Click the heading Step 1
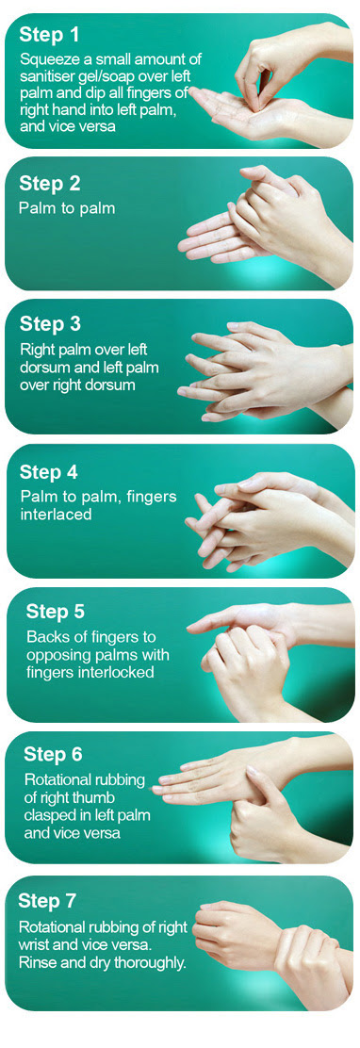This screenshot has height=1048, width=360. [x=49, y=34]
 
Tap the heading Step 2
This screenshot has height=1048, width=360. [x=49, y=183]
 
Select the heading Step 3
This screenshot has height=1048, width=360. [x=50, y=324]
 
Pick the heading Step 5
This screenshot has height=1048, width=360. [x=56, y=612]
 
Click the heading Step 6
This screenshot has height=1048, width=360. [x=53, y=755]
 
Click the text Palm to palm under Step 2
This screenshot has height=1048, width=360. [x=67, y=208]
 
